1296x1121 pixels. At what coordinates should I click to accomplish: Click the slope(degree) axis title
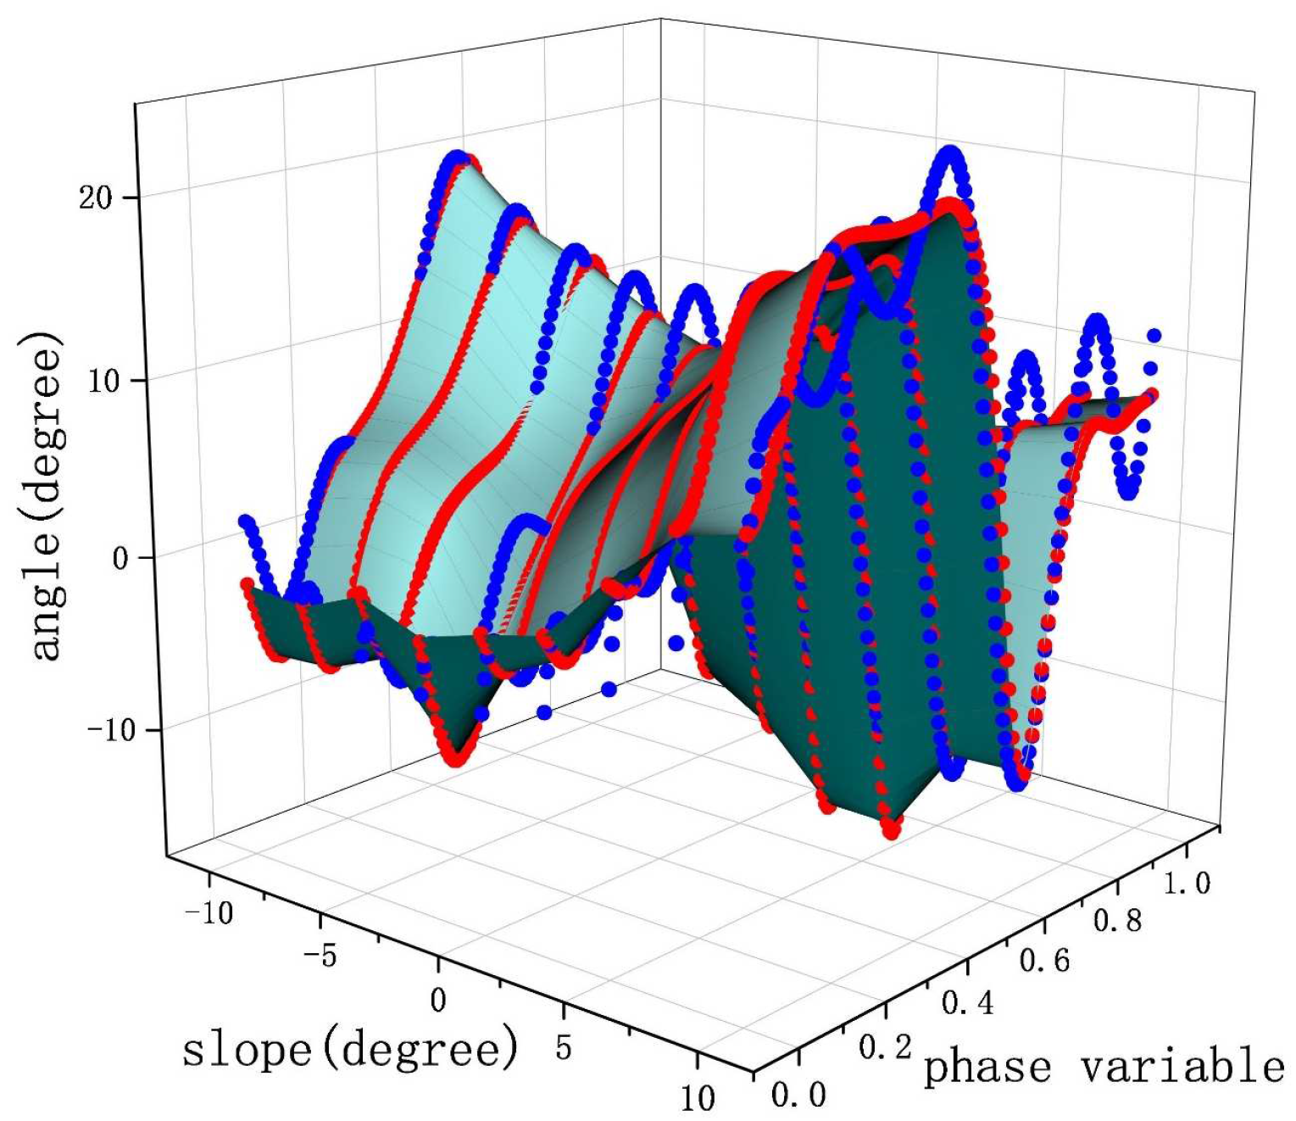point(349,1049)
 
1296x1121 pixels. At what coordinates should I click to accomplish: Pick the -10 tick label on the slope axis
point(209,912)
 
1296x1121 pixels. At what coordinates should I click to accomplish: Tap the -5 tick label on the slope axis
point(320,956)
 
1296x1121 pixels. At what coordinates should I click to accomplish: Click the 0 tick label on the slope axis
point(437,1001)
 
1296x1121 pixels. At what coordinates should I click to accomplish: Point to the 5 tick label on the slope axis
point(564,1048)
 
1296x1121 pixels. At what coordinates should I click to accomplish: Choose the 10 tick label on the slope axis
point(698,1098)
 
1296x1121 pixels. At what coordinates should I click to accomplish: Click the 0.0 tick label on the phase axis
point(798,1095)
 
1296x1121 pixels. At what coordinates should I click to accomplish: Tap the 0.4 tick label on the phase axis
point(968,1004)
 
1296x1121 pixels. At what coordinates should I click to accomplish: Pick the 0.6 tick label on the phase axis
point(1044,961)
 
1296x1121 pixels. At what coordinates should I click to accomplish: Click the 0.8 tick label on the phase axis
point(1117,921)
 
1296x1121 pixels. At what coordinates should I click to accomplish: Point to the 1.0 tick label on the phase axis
point(1187,883)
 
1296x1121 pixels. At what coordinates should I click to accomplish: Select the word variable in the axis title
point(1183,1065)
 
